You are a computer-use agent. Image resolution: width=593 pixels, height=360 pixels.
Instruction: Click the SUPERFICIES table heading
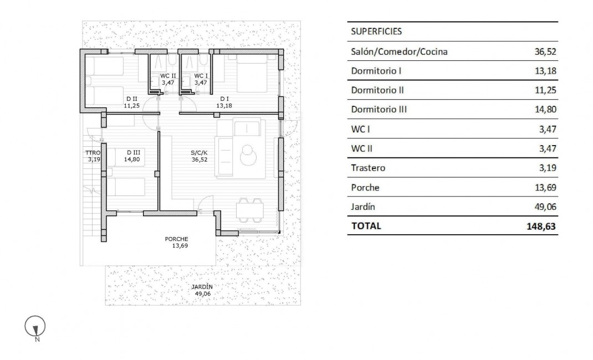pyautogui.click(x=376, y=32)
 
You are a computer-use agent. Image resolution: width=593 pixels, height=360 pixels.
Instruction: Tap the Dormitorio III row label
pyautogui.click(x=379, y=110)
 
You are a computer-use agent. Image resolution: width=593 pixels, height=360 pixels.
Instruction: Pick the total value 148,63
pyautogui.click(x=540, y=226)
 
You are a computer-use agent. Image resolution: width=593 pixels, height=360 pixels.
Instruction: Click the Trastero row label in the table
pyautogui.click(x=368, y=168)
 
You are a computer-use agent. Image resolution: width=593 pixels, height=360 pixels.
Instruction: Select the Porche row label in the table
pyautogui.click(x=365, y=187)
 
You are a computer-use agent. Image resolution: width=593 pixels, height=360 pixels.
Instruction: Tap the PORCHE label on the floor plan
pyautogui.click(x=176, y=239)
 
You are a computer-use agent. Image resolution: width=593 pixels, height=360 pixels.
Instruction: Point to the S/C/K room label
pyautogui.click(x=199, y=153)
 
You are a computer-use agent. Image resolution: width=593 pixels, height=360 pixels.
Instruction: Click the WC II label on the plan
pyautogui.click(x=168, y=76)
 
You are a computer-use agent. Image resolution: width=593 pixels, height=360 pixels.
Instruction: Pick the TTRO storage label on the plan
pyautogui.click(x=92, y=153)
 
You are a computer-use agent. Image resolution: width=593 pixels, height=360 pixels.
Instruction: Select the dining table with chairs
pyautogui.click(x=251, y=210)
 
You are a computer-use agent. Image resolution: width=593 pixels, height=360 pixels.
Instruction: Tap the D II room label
pyautogui.click(x=131, y=99)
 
